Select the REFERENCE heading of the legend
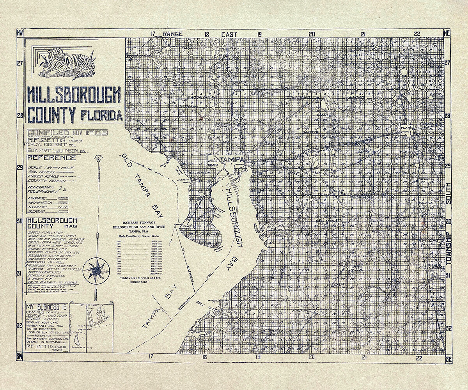point(51,158)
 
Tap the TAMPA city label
point(232,160)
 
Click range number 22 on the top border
point(417,34)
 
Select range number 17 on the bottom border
point(150,356)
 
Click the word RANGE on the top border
point(173,34)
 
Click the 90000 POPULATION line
point(44,231)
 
